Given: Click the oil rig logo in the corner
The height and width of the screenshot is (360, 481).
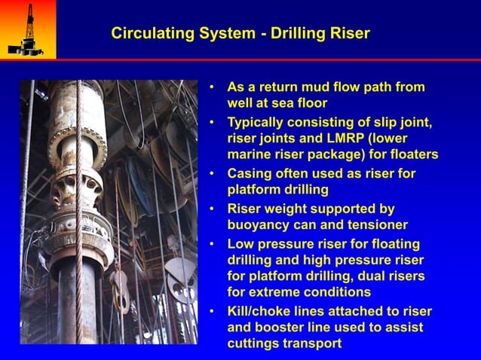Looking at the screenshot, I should pyautogui.click(x=26, y=29).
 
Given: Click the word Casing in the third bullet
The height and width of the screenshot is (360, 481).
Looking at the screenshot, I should pyautogui.click(x=250, y=173).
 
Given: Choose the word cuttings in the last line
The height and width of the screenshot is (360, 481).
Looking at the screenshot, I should pyautogui.click(x=253, y=343).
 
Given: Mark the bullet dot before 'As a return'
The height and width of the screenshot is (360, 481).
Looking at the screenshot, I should pyautogui.click(x=213, y=87).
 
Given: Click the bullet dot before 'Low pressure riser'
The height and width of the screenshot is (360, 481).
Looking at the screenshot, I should pyautogui.click(x=213, y=244).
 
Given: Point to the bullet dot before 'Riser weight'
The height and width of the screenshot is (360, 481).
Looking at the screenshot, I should pyautogui.click(x=213, y=209).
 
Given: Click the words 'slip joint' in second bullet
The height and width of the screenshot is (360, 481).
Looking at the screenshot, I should pyautogui.click(x=403, y=122).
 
